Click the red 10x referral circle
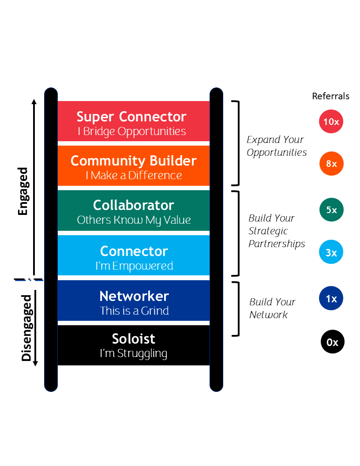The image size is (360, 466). pos(331,121)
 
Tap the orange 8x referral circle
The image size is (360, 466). pos(331,164)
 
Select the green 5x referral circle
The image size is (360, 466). pos(331,210)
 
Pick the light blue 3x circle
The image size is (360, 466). pos(331,252)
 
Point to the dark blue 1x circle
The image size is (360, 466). pos(331,299)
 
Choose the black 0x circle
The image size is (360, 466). pos(332,342)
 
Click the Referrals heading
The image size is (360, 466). pos(330,96)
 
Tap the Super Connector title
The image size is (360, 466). pos(131,116)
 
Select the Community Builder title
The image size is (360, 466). pos(134,161)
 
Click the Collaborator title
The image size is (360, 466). pos(134,205)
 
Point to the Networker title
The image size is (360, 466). pos(134,296)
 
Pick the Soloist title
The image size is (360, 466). pos(134,339)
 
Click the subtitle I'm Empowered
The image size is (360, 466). pos(134,266)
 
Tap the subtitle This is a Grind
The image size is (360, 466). pos(134,311)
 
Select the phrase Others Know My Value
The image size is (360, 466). pos(134,220)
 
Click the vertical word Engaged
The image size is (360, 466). pos(23,191)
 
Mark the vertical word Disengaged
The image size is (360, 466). pos(26,328)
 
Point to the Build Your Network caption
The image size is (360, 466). pos(272,308)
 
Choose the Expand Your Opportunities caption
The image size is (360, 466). pos(277,146)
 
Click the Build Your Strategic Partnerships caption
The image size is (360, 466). pos(277,231)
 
